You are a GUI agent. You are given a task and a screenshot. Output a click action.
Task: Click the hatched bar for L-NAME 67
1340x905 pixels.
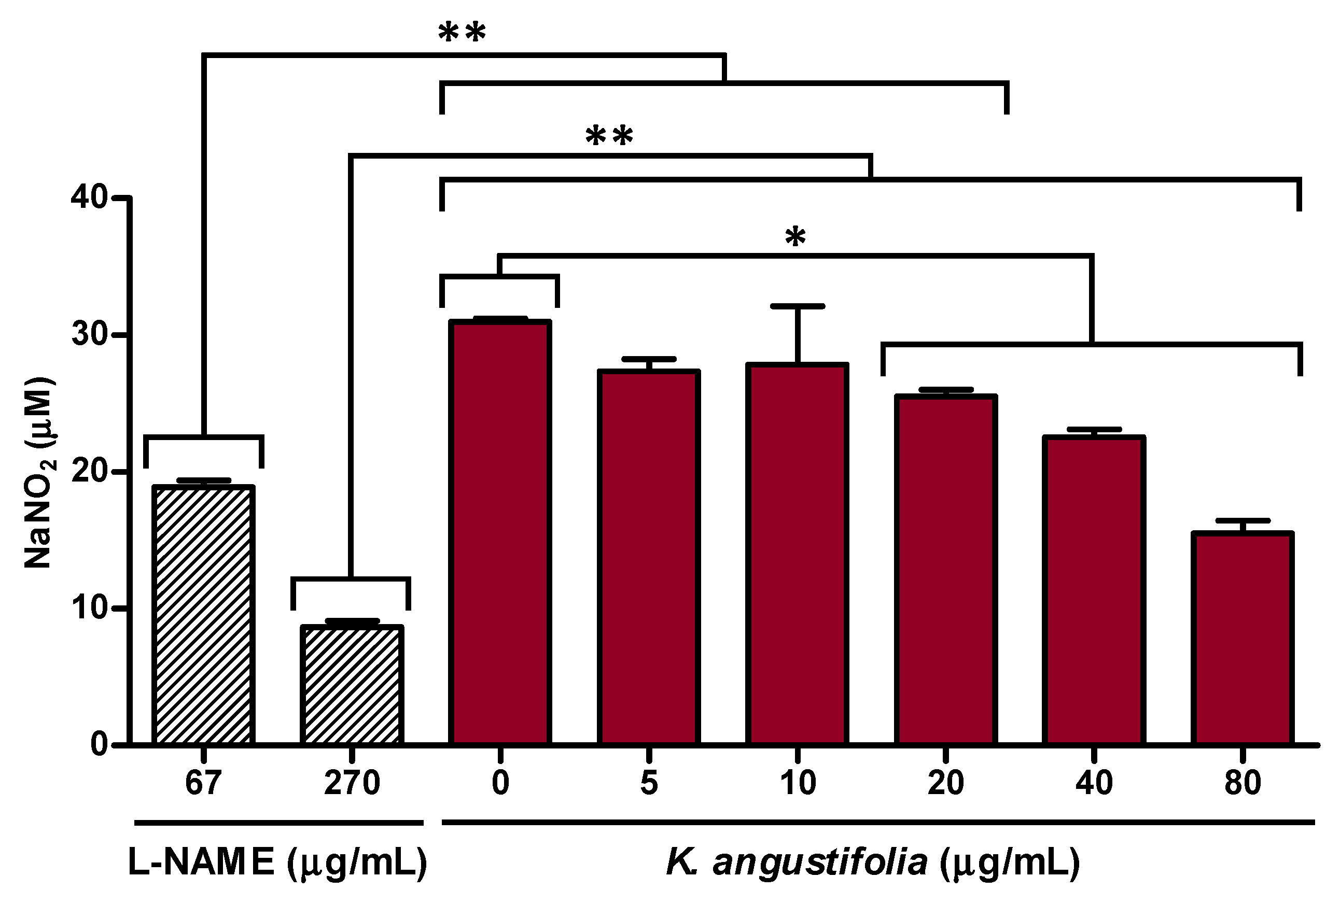(203, 615)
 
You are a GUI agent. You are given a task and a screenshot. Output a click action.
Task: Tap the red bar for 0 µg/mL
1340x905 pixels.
(500, 533)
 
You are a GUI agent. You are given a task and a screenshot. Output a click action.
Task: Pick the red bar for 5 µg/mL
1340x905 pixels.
(649, 557)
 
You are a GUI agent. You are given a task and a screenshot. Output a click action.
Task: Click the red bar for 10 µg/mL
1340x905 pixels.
(797, 554)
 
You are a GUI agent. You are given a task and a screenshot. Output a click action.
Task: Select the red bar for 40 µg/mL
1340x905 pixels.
(1094, 590)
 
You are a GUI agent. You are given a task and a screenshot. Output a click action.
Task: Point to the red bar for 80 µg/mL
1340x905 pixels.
(1242, 638)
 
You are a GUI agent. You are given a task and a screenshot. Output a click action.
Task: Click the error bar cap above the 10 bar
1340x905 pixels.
(798, 306)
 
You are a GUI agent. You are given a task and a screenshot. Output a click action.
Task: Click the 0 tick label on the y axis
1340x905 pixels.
(99, 745)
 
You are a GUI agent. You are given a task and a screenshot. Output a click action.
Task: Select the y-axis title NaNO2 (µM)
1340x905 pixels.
(39, 473)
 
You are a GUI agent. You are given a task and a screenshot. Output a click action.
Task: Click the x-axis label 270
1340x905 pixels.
(352, 783)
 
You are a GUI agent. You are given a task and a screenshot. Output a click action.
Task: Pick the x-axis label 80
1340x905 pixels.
(1243, 783)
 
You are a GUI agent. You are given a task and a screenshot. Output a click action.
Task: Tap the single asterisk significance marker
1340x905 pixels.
(795, 237)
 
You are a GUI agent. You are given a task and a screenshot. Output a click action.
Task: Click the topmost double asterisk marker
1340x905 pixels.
(462, 34)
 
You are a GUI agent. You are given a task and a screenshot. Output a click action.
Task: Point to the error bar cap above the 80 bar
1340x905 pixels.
(1243, 520)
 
